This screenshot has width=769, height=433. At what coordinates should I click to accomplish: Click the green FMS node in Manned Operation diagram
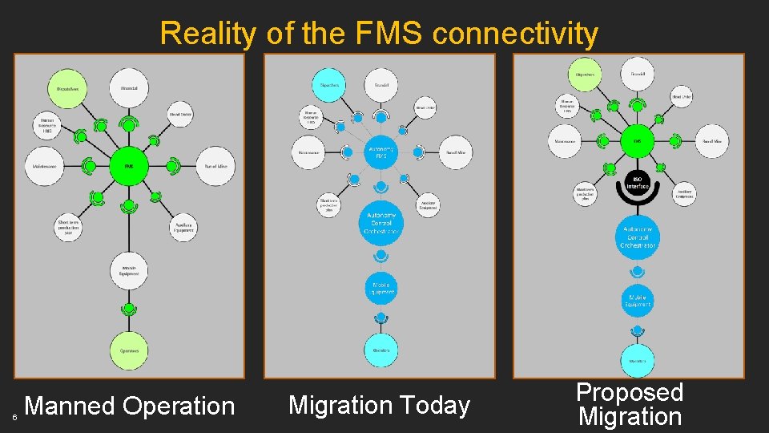tap(128, 167)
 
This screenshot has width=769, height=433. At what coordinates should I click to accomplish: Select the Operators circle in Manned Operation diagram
tap(128, 350)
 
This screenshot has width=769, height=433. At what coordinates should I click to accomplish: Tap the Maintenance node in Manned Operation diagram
tap(44, 167)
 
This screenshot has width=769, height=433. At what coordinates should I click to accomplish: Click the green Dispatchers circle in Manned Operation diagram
tap(66, 88)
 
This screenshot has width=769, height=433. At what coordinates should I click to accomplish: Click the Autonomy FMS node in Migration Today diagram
tap(381, 152)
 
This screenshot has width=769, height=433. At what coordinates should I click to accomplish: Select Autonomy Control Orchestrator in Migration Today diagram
tap(381, 222)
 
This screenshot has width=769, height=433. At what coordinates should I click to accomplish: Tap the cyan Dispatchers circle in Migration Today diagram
tap(329, 85)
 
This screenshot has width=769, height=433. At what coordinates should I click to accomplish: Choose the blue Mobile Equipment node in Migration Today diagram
tap(381, 289)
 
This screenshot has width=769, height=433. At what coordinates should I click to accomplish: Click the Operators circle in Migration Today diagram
tap(381, 350)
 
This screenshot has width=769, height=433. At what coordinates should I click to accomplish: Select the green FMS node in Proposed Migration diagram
tap(638, 140)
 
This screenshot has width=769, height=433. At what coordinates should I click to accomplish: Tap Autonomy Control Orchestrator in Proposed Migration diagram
tap(638, 237)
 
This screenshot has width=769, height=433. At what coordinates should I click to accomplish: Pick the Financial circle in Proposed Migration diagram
tap(638, 74)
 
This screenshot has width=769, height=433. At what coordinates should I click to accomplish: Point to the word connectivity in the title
tap(514, 34)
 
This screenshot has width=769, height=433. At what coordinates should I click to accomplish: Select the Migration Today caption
tap(379, 405)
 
